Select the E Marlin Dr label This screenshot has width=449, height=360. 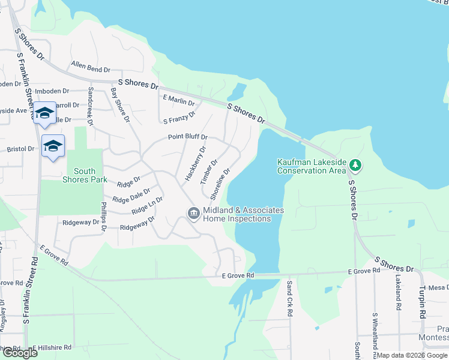tap(179, 100)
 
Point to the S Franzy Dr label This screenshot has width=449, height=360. tap(179, 118)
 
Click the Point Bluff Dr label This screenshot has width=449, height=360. tap(187, 137)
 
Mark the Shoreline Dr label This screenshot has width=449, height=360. tap(220, 184)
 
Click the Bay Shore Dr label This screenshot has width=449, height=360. tap(120, 105)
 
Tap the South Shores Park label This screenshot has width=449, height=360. tap(85, 175)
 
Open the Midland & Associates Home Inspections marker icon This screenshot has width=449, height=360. tap(193, 214)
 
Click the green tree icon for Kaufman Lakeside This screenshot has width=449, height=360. tap(355, 164)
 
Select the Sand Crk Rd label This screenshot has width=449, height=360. tap(289, 298)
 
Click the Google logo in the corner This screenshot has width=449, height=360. tap(20, 353)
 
